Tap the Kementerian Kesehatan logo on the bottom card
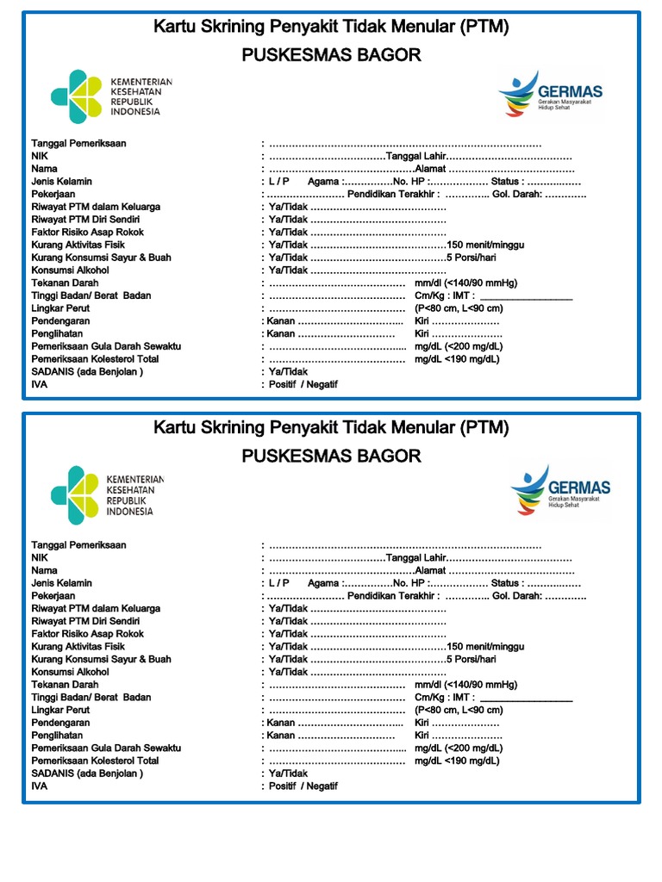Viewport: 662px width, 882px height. pyautogui.click(x=102, y=494)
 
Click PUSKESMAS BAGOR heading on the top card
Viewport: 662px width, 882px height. pyautogui.click(x=331, y=55)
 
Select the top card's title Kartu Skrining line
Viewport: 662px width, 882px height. pyautogui.click(x=331, y=27)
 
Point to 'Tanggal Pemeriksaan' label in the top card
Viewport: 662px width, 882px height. pyautogui.click(x=78, y=144)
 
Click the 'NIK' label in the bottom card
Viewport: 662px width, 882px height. pyautogui.click(x=40, y=558)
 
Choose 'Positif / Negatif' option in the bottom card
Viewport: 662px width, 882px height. pyautogui.click(x=303, y=786)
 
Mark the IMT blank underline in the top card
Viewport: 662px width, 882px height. pyautogui.click(x=526, y=296)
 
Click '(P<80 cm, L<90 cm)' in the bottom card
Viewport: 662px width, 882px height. pyautogui.click(x=459, y=711)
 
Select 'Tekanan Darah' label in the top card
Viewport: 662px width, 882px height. pyautogui.click(x=65, y=283)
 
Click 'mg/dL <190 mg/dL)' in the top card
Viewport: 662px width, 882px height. pyautogui.click(x=457, y=359)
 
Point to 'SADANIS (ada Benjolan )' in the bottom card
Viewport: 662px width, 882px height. pyautogui.click(x=87, y=773)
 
